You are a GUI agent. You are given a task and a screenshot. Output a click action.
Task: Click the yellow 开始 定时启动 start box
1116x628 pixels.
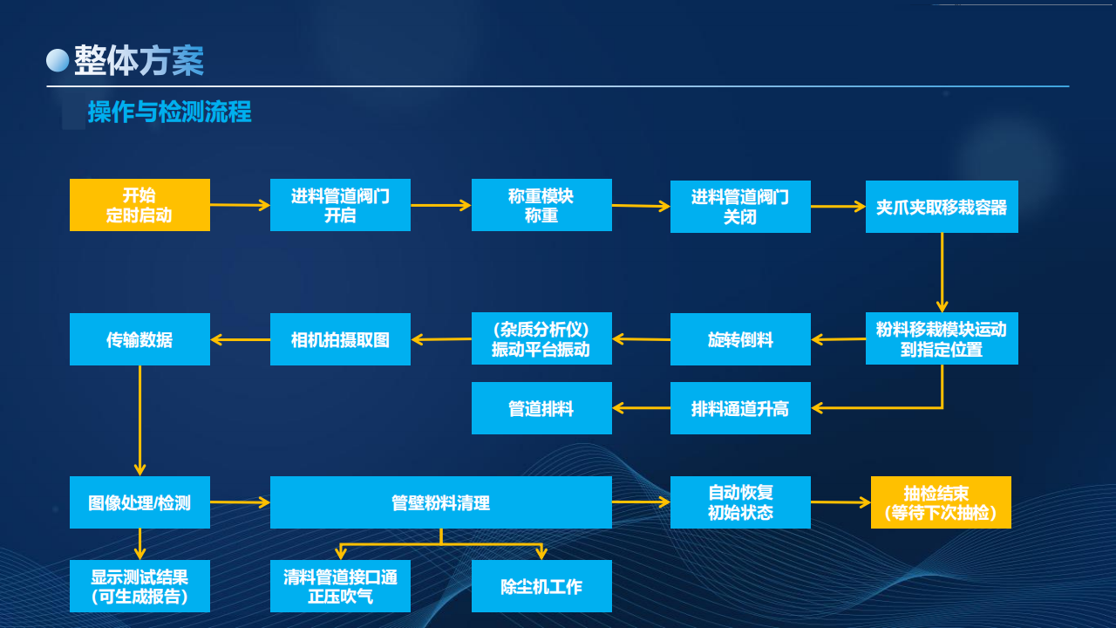pos(139,205)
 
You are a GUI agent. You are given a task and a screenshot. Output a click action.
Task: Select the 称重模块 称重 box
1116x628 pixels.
pos(541,205)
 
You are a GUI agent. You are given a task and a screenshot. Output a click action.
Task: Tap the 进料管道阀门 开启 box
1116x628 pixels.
pos(340,205)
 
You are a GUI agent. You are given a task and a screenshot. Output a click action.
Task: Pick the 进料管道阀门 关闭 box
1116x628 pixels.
pos(740,207)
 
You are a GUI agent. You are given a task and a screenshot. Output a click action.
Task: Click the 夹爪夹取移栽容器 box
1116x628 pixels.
pos(942,207)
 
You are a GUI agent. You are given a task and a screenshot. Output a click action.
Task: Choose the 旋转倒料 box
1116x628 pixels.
pos(740,339)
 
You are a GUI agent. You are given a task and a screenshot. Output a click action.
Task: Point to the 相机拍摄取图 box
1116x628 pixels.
pos(340,339)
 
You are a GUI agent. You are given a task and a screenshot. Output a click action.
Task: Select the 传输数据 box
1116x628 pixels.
pos(139,339)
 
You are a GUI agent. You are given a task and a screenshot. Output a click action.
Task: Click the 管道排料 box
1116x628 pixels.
pos(541,408)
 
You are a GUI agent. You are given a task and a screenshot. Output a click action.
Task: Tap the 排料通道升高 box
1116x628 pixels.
pos(740,408)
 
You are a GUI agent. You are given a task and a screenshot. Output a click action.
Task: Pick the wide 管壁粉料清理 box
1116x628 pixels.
pos(440,502)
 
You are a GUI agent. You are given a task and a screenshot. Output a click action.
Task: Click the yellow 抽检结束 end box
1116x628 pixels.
pos(941,502)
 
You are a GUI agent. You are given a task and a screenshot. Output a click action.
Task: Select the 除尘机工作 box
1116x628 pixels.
pos(541,586)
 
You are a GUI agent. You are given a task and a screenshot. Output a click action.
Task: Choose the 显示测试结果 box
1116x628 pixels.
pos(139,586)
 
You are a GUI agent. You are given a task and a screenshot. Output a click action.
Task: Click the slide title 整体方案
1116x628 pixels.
pos(139,60)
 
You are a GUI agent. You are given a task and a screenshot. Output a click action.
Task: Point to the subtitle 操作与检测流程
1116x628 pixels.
pos(169,112)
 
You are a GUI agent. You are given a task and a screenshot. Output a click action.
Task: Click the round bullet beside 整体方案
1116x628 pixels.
pos(58,59)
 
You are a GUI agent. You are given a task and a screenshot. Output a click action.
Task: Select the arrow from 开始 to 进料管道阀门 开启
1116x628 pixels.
pos(240,205)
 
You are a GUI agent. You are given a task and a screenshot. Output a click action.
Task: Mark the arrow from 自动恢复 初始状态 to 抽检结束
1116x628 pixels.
pos(840,502)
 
